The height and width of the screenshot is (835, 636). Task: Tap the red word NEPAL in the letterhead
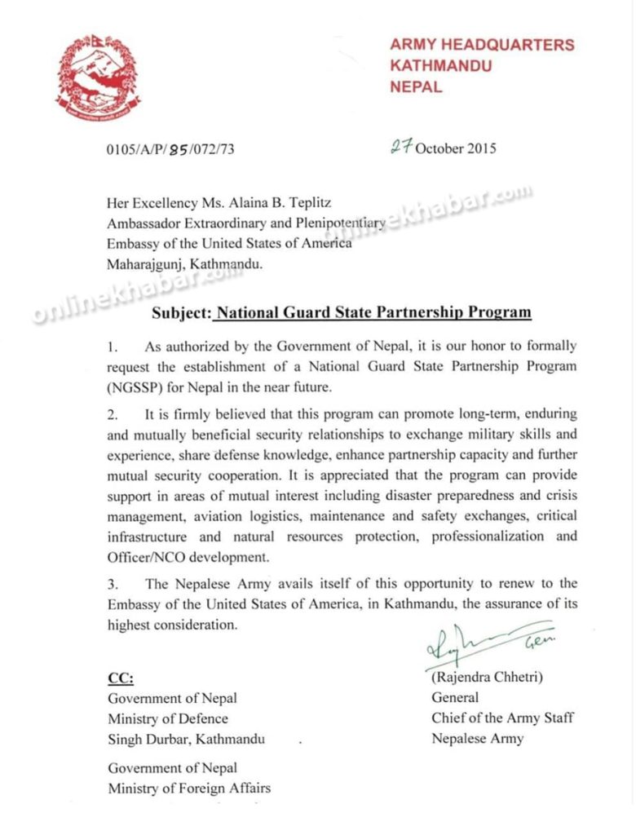pos(416,86)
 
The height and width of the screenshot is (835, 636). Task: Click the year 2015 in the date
pos(479,148)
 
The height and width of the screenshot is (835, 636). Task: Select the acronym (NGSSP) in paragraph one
pos(136,386)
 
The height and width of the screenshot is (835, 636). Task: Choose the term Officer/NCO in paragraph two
pos(146,556)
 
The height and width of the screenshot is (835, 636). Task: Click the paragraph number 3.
pos(112,584)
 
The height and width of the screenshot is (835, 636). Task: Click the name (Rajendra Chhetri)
pos(487,678)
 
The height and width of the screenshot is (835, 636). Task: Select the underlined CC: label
pos(121,678)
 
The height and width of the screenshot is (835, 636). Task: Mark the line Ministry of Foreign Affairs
pos(189,788)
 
